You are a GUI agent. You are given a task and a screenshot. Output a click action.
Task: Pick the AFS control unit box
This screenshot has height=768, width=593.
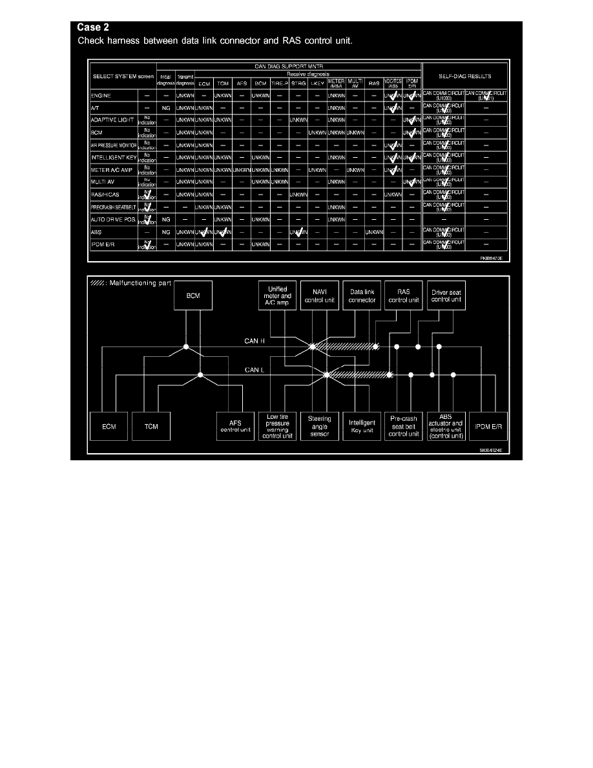235,426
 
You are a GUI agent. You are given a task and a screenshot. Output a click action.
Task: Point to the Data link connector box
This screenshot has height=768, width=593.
362,296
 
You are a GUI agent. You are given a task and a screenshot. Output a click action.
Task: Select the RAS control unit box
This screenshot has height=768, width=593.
404,296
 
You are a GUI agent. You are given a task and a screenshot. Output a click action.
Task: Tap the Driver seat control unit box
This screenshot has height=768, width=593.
446,296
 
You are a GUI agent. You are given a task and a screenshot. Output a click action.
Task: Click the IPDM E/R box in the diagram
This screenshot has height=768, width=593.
489,426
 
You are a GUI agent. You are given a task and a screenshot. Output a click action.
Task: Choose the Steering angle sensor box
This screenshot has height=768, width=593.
320,426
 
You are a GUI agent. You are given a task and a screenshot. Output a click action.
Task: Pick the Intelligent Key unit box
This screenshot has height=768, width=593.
362,426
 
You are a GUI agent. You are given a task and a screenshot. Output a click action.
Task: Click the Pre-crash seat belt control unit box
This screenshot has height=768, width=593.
404,426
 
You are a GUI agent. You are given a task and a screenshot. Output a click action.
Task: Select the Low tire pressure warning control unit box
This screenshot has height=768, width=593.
278,426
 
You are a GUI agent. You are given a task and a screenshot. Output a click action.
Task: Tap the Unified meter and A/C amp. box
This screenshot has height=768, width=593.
278,296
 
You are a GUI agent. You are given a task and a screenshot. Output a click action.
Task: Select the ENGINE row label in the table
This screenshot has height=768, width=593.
101,95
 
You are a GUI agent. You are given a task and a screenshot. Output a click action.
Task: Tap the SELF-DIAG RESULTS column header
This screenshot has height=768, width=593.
463,76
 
